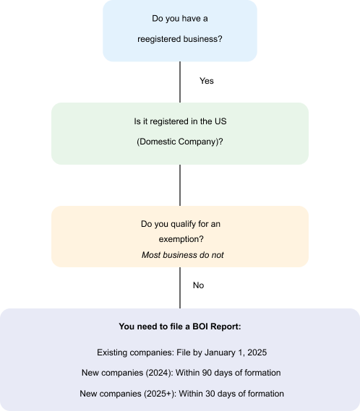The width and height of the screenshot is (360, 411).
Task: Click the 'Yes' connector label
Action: (x=207, y=81)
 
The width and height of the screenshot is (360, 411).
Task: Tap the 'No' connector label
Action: (x=198, y=285)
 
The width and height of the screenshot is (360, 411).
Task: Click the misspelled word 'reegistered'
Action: (x=159, y=39)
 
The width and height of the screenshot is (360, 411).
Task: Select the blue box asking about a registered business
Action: (x=180, y=30)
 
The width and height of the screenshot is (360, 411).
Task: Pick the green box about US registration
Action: (x=180, y=134)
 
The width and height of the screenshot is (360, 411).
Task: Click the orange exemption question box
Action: (x=180, y=236)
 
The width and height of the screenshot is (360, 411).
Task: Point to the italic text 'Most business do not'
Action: (x=183, y=255)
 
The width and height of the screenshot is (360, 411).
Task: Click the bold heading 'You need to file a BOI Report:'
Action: (x=180, y=326)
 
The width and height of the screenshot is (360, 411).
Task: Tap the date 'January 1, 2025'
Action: (x=236, y=352)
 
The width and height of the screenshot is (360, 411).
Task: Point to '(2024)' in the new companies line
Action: (x=159, y=373)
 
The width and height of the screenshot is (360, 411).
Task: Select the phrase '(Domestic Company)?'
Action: (x=180, y=142)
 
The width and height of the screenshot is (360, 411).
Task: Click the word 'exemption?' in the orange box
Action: (x=181, y=239)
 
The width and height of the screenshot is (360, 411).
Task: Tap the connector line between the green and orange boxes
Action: (x=180, y=186)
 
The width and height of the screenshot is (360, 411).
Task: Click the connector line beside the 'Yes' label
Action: (x=180, y=82)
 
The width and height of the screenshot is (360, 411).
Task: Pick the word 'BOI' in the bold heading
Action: (x=200, y=326)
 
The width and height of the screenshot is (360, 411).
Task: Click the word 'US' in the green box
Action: (x=220, y=121)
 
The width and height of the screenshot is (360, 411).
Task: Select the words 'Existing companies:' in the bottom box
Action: (x=136, y=352)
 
